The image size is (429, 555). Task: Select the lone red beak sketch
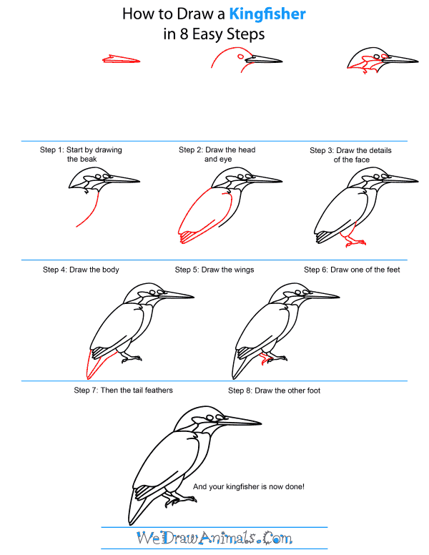(x=120, y=60)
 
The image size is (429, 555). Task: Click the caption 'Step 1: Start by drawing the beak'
(x=81, y=154)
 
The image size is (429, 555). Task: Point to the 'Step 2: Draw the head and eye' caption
(x=217, y=154)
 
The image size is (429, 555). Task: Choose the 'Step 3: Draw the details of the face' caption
(x=350, y=155)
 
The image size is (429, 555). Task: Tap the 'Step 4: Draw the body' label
(x=81, y=270)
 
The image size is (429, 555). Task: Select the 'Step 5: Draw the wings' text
(x=214, y=270)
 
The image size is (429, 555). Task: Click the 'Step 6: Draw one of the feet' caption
(x=352, y=270)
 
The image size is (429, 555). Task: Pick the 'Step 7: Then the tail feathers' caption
(x=123, y=391)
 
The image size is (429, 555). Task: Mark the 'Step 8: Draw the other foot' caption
(x=274, y=391)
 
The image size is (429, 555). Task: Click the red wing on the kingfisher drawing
(x=204, y=215)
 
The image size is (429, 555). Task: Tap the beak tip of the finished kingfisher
(x=260, y=423)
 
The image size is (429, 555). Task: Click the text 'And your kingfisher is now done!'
(x=249, y=486)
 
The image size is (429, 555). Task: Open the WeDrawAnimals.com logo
(x=214, y=537)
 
